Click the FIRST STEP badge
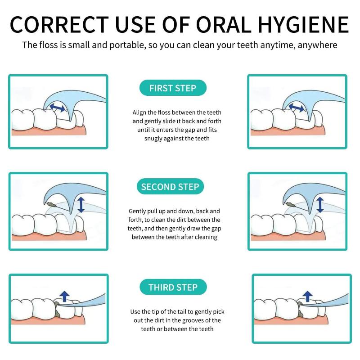(x=173, y=88)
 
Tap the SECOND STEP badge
(x=170, y=187)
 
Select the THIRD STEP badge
(x=173, y=287)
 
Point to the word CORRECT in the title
(x=59, y=25)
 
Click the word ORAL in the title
(x=224, y=25)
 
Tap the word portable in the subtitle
(x=128, y=45)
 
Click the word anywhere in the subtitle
(x=318, y=45)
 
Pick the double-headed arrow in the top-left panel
(x=58, y=108)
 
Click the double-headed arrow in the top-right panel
(x=296, y=108)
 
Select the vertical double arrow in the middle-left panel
(x=81, y=205)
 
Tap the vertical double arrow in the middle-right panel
(x=320, y=205)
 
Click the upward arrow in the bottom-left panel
(x=64, y=296)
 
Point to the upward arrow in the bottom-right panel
(x=308, y=296)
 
